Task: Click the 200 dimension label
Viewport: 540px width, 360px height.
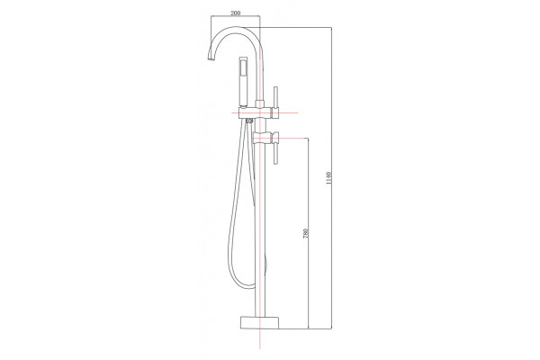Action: [x=235, y=13]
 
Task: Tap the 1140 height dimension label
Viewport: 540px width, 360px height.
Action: [x=328, y=178]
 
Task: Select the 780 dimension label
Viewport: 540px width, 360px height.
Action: [x=305, y=233]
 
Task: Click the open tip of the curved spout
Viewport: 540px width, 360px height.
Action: [x=211, y=59]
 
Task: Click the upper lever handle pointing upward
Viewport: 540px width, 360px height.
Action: [x=275, y=97]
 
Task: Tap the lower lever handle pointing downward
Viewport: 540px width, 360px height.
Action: [x=275, y=153]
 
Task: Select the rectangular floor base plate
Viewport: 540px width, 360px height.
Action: [x=259, y=321]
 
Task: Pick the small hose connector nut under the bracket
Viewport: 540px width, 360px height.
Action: [x=249, y=121]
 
